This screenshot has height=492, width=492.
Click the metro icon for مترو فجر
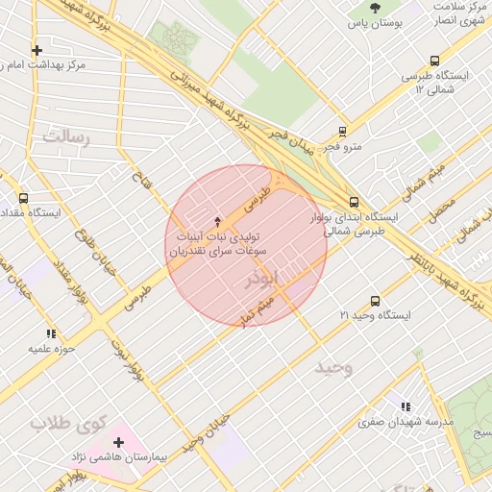pyautogui.click(x=342, y=133)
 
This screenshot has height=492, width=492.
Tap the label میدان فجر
pyautogui.click(x=289, y=140)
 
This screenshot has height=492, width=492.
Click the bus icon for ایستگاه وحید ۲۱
pyautogui.click(x=374, y=301)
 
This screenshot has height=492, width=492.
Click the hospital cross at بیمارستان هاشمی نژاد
pyautogui.click(x=118, y=442)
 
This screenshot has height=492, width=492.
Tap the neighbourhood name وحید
pyautogui.click(x=333, y=367)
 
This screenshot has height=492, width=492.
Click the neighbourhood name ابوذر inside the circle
pyautogui.click(x=261, y=279)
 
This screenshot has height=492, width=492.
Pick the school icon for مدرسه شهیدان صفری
pyautogui.click(x=405, y=406)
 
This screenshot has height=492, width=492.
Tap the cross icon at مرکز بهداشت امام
pyautogui.click(x=37, y=50)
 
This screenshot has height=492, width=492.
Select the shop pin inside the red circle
pyautogui.click(x=217, y=221)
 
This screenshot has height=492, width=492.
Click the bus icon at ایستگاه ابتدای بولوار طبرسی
pyautogui.click(x=354, y=202)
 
